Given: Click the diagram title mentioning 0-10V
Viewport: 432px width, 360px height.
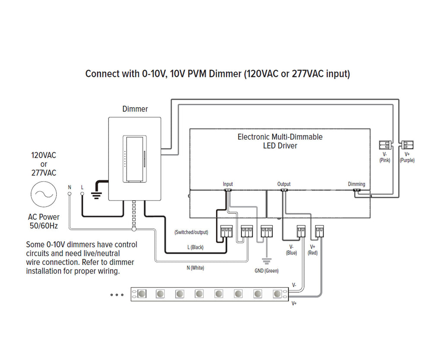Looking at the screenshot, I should coord(217,73).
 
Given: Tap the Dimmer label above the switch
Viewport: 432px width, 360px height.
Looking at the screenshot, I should coord(135,109).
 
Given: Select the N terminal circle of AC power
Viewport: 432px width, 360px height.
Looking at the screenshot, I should coord(69,194).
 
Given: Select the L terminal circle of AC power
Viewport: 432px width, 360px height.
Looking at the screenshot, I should coord(82,194).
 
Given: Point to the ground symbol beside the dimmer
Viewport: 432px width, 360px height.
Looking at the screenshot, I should coord(97,194).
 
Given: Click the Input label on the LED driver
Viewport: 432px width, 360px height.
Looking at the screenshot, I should coord(228,184).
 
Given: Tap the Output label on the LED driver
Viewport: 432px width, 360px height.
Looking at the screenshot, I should coord(284,184).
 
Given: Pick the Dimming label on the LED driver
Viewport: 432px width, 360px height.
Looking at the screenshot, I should coord(356,184).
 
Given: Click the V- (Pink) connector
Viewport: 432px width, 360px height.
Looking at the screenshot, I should coord(385,145).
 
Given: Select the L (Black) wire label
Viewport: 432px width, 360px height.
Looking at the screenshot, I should coord(195,247).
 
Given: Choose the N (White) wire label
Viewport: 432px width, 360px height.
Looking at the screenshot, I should coord(195,268).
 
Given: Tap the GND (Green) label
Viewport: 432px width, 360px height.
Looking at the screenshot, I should coord(267,271).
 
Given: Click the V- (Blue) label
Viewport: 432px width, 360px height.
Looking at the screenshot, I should coord(292,250).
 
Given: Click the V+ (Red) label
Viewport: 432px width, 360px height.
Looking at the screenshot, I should coord(313,250).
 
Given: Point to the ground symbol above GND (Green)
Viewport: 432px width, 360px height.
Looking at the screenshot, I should coord(267,261).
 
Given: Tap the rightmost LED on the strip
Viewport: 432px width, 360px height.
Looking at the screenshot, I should coord(277,294).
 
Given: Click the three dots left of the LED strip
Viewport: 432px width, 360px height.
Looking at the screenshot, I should coord(117,295).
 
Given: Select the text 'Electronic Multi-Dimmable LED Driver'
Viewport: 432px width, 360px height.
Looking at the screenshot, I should coord(280,141).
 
